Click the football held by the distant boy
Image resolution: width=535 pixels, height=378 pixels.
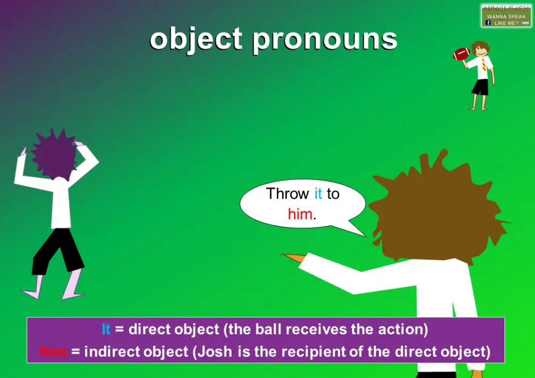461,54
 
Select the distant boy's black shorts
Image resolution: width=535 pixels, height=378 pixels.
480,87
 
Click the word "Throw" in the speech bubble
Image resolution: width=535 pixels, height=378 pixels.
287,194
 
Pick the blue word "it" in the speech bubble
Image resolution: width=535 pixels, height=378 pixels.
318,194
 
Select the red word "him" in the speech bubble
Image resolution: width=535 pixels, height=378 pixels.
300,214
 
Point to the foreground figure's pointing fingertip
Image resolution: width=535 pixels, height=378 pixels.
284,256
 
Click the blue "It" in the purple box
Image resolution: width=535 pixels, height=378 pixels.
106,330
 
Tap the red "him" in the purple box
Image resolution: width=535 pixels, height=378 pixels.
53,352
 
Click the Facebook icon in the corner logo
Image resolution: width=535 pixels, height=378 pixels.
487,22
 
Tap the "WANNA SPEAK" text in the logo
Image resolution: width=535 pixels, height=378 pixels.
506,17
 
